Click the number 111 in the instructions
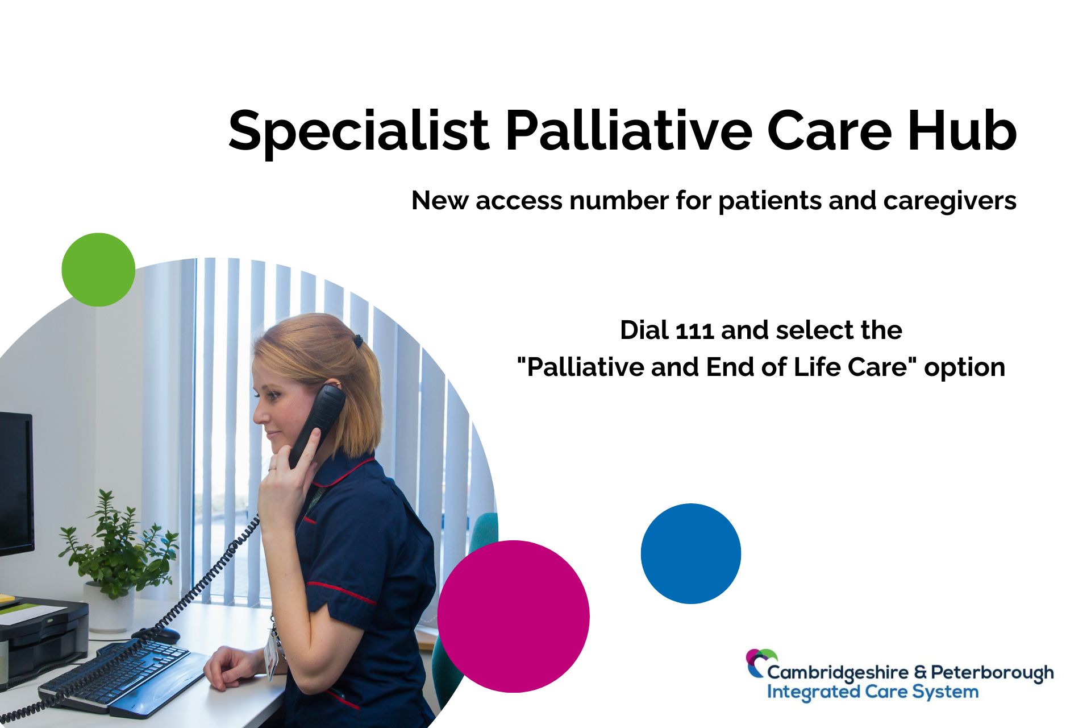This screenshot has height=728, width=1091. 695,330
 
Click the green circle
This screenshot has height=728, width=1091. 98,270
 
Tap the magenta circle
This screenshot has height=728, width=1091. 513,617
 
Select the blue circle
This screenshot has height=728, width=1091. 691,553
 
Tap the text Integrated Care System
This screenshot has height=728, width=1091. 873,692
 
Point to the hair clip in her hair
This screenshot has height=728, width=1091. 358,341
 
